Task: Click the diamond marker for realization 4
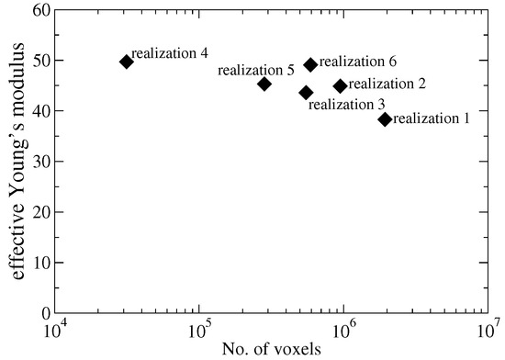click(x=126, y=62)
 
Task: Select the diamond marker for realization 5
click(x=264, y=84)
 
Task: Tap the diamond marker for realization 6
click(x=310, y=65)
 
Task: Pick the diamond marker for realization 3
click(x=306, y=93)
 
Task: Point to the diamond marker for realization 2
click(x=340, y=85)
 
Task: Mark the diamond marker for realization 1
click(x=385, y=119)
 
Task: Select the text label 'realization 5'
click(x=255, y=70)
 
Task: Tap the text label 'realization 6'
click(x=357, y=62)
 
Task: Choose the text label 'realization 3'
click(x=346, y=105)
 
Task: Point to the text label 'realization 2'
click(x=387, y=84)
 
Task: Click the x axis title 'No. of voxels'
click(x=272, y=350)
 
